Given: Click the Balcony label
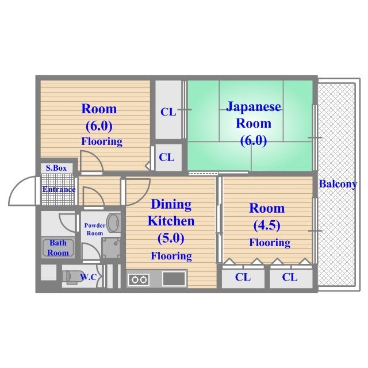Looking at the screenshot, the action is [338, 184].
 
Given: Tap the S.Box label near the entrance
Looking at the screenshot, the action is [56, 168].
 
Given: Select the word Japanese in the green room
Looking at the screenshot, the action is [254, 107].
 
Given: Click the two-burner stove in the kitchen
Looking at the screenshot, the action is [139, 279].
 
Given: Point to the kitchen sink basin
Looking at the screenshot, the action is [174, 279].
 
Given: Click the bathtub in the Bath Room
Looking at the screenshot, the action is [58, 248].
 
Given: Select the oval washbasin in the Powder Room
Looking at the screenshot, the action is [114, 223].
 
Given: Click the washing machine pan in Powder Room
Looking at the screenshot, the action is [111, 248].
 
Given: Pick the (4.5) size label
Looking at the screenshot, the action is [267, 225].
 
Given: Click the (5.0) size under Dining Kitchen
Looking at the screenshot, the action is [171, 238].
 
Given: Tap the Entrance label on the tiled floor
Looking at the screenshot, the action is [59, 189].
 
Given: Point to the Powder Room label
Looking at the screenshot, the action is [95, 229].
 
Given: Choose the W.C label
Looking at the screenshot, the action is [88, 277].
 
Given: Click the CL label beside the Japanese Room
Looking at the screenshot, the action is [168, 112].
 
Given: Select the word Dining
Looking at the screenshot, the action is [171, 204].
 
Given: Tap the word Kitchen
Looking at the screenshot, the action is [171, 221].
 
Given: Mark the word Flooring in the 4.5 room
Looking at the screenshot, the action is [270, 243].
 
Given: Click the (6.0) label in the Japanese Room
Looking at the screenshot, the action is [254, 140].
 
